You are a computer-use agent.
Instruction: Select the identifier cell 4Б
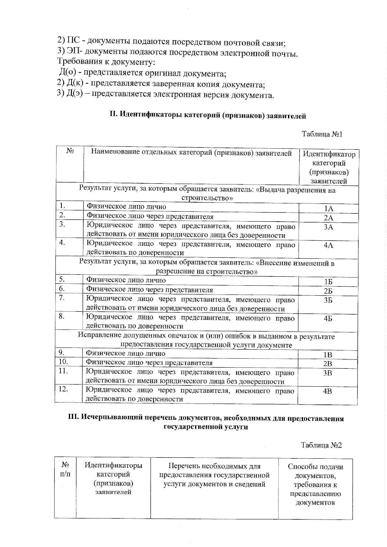pos(328,319)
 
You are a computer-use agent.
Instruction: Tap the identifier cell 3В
pos(328,373)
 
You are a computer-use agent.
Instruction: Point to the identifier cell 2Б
pos(328,291)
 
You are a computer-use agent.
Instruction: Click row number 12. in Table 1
pos(63,389)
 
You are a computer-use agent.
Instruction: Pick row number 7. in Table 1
pos(62,298)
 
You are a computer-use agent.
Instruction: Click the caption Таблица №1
pos(322,134)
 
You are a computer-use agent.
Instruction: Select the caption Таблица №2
pos(321,445)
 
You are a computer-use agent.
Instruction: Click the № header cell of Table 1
pos(70,151)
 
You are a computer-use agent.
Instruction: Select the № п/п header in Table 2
pos(65,469)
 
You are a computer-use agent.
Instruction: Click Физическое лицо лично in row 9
pos(125,353)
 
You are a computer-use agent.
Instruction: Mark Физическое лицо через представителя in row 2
pos(150,216)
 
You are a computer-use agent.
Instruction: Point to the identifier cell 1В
pos(328,355)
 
